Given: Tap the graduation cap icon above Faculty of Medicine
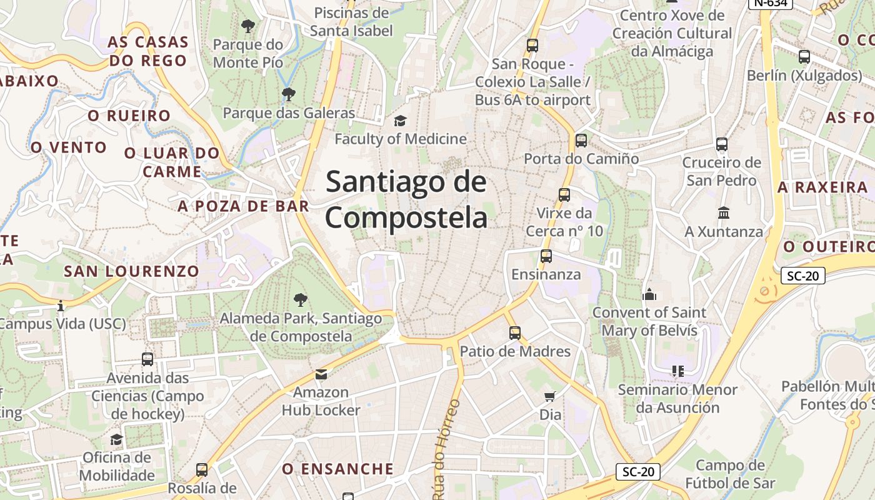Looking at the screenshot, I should coord(400,120).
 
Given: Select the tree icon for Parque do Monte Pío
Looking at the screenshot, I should coord(248,26).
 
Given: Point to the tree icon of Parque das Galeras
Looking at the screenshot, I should coord(288,94).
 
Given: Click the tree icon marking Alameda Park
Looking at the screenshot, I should coord(301,299).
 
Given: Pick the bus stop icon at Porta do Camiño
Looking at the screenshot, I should coord(581,141).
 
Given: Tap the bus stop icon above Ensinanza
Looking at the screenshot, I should coord(546,256).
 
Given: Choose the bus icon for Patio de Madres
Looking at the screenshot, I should coord(515,333).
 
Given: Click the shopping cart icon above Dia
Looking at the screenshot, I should coord(550,396).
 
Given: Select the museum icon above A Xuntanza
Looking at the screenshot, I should coord(724,213).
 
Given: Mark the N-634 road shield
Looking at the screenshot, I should coord(771,3).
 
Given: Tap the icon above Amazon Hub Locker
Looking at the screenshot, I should coord(321,374).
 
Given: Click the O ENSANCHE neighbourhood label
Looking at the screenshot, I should coord(337,469).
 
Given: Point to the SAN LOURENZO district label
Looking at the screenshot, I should coord(131,271).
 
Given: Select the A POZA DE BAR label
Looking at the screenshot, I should coord(243,206).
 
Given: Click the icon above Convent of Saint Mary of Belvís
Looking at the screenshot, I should coord(649,294).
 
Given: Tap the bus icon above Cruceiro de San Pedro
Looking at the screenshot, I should coord(722,144).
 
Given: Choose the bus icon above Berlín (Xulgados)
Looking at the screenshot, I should coord(804,57).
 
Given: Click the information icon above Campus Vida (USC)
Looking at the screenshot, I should coord(61,306).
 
